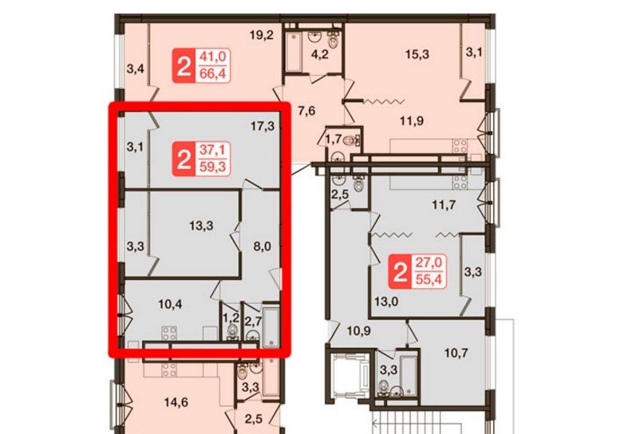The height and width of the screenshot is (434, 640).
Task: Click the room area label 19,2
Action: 262,35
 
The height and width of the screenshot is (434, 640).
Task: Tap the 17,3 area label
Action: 263,126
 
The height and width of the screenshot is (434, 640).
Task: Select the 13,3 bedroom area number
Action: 201,225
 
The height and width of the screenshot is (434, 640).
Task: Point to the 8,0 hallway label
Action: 262,247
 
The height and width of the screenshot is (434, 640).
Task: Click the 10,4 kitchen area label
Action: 170,304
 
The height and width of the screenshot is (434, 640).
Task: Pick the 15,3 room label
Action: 417,53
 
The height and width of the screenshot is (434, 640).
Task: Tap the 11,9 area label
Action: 412,120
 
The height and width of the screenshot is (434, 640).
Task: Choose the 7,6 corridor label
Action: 306,111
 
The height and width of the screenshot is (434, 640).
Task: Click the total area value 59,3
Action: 212,167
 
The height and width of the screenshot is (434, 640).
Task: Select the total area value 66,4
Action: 212,73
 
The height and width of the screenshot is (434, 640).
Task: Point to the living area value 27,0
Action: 429,262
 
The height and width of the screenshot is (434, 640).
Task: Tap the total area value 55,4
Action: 429,279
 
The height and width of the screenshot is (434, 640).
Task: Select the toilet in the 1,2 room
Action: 233,330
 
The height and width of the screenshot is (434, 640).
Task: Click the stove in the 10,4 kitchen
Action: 169,333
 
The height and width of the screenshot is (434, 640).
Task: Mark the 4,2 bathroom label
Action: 319,53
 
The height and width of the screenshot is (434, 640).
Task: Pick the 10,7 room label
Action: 456,353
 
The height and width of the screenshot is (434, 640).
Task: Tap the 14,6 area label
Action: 176,403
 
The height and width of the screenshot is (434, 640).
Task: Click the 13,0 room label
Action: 386,302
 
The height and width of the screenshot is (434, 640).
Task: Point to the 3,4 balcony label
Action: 135,69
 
